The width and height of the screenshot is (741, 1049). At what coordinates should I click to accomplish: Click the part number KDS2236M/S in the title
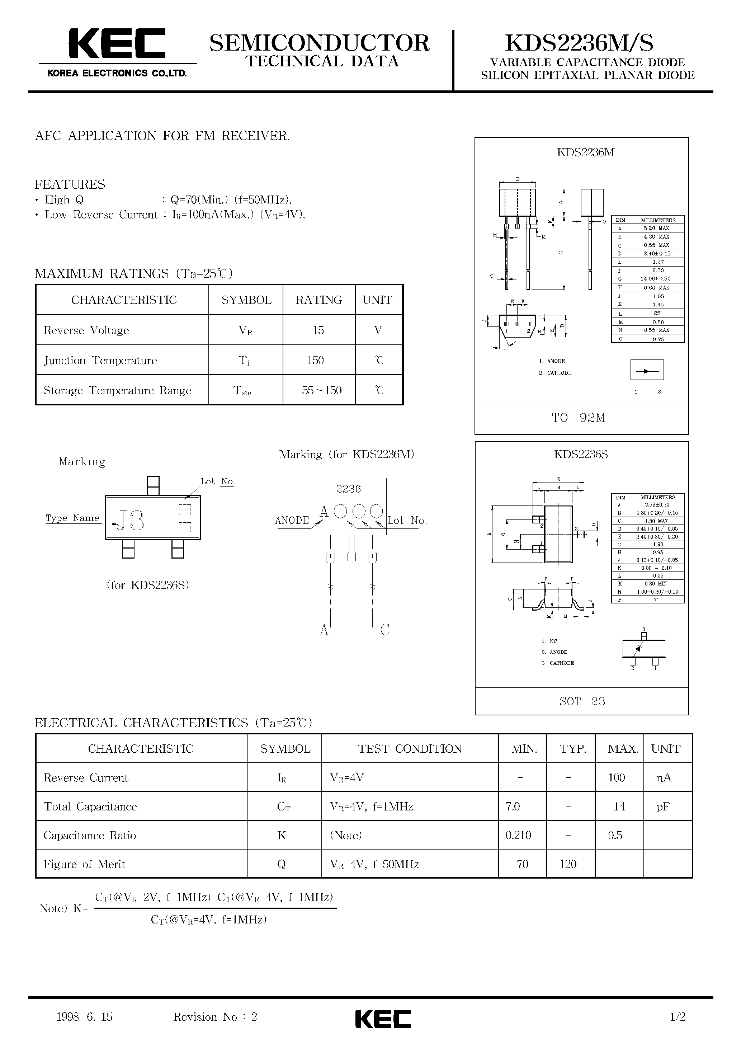[579, 43]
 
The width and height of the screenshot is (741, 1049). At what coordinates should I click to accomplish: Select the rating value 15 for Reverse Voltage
[318, 330]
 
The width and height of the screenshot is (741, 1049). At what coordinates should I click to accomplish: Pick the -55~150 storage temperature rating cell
[319, 391]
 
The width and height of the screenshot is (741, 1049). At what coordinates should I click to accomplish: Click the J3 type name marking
[131, 521]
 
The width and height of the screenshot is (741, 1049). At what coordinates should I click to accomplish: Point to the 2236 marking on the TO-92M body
[348, 489]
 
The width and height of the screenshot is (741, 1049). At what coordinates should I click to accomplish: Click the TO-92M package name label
[579, 418]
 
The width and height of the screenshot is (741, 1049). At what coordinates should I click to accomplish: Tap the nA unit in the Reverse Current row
[664, 778]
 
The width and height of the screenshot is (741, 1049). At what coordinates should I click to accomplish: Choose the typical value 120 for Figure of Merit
[568, 864]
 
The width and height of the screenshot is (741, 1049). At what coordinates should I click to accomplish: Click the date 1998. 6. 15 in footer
[85, 1017]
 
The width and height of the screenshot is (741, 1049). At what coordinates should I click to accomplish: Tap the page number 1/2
[678, 1017]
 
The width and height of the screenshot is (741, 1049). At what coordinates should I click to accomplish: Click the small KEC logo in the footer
[383, 1019]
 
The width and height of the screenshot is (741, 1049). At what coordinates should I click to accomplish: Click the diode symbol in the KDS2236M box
[647, 371]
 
